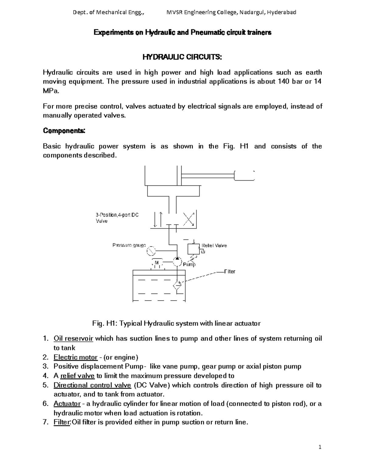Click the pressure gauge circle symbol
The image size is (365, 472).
151,251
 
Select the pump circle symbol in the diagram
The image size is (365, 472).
177,262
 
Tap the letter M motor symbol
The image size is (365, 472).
157,263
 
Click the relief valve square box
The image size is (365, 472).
193,249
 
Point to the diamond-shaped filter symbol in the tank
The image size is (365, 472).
177,285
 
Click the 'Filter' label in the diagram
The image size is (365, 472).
230,271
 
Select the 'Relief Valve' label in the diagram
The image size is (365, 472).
214,246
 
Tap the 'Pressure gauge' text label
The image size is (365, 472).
129,245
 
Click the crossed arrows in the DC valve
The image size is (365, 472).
189,219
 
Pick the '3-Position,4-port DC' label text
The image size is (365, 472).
117,215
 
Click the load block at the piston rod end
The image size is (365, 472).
244,176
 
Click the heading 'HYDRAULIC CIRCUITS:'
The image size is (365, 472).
182,57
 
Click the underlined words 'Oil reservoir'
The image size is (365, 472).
73,339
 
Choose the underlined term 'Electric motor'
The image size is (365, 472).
75,357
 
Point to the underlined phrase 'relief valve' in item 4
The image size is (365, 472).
78,376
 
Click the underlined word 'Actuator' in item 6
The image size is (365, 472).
67,404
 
